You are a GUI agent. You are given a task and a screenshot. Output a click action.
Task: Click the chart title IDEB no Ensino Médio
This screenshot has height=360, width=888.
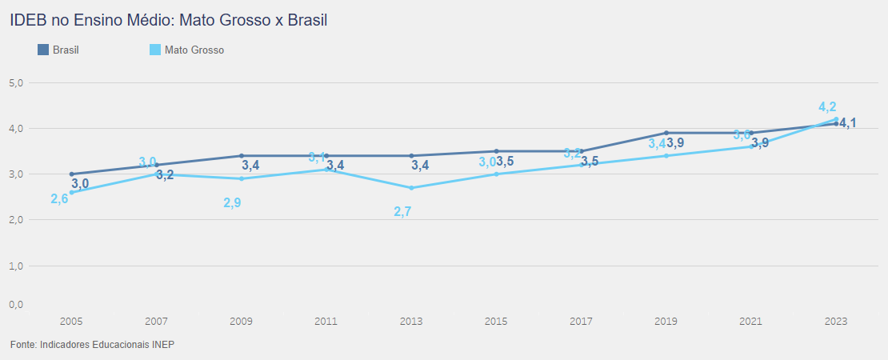point(169,21)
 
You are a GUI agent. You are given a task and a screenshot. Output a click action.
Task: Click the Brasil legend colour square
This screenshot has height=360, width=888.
point(43,50)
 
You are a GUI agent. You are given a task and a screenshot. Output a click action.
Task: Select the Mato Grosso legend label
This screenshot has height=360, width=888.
point(194,50)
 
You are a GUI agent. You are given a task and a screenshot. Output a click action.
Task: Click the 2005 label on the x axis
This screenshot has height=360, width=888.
point(71,321)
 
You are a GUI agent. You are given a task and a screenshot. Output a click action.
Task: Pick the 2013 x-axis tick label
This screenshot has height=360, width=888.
point(411,321)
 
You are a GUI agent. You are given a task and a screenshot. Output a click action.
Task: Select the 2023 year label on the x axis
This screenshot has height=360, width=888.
point(836,321)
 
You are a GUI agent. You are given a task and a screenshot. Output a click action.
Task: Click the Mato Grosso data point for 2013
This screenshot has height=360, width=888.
point(411,188)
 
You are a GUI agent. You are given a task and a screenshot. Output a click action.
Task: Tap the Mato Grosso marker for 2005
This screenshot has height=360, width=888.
point(71,192)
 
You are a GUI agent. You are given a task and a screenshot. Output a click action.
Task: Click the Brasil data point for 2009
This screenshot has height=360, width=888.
point(242,156)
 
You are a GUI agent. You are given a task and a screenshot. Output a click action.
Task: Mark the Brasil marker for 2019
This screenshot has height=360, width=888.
point(666,133)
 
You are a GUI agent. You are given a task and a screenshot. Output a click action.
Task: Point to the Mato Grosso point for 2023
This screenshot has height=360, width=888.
point(836,119)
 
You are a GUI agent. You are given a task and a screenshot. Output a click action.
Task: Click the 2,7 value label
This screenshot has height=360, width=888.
point(402,212)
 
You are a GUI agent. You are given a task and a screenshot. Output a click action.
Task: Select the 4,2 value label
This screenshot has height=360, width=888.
point(827,106)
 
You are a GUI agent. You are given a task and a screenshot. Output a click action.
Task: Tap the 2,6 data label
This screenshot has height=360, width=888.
point(59,198)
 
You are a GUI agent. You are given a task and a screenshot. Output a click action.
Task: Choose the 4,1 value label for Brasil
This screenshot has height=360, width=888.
point(848,122)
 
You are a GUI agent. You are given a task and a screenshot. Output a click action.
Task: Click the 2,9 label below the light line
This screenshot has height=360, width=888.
point(232,203)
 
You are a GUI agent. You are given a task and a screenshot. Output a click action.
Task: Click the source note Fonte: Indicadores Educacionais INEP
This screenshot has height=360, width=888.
point(92,344)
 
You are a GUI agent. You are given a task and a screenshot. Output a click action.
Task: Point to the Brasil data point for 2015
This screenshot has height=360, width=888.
point(496,151)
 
